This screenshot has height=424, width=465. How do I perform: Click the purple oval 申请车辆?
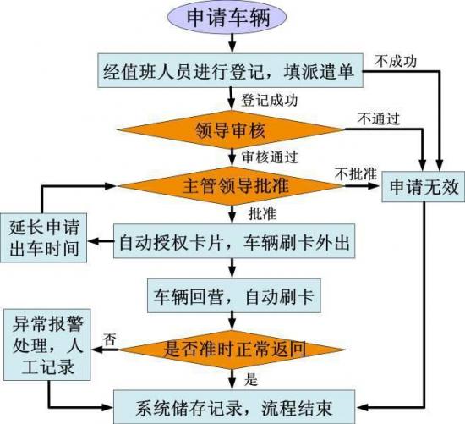pyautogui.click(x=227, y=17)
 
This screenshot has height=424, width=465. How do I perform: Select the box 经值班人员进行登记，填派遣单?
pyautogui.click(x=231, y=70)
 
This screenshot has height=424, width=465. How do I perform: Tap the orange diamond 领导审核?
pyautogui.click(x=231, y=129)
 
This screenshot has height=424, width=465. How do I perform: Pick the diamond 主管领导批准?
pyautogui.click(x=232, y=186)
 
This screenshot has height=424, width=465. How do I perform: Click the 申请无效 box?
pyautogui.click(x=424, y=187)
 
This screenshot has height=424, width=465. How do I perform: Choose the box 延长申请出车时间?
pyautogui.click(x=44, y=238)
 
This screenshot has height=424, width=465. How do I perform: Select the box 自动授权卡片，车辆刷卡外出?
pyautogui.click(x=234, y=241)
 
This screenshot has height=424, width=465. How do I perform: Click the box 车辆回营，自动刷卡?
pyautogui.click(x=234, y=295)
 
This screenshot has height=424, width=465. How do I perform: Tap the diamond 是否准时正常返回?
pyautogui.click(x=232, y=350)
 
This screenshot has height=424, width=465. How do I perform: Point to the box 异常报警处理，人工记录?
pyautogui.click(x=47, y=344)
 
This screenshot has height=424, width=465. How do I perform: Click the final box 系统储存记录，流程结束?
pyautogui.click(x=234, y=407)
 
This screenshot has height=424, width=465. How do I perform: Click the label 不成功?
pyautogui.click(x=396, y=62)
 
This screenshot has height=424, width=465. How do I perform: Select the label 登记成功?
pyautogui.click(x=269, y=100)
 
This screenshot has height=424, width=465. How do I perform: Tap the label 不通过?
pyautogui.click(x=379, y=118)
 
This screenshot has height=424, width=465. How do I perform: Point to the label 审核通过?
pyautogui.click(x=269, y=157)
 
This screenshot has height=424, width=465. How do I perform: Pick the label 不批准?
pyautogui.click(x=356, y=173)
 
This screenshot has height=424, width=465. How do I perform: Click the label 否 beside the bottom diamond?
pyautogui.click(x=109, y=339)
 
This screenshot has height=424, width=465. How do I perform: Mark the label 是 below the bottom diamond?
pyautogui.click(x=251, y=379)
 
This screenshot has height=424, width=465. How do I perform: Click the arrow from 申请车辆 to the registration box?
pyautogui.click(x=232, y=43)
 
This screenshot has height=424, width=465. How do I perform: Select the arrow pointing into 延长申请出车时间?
pyautogui.click(x=101, y=241)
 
